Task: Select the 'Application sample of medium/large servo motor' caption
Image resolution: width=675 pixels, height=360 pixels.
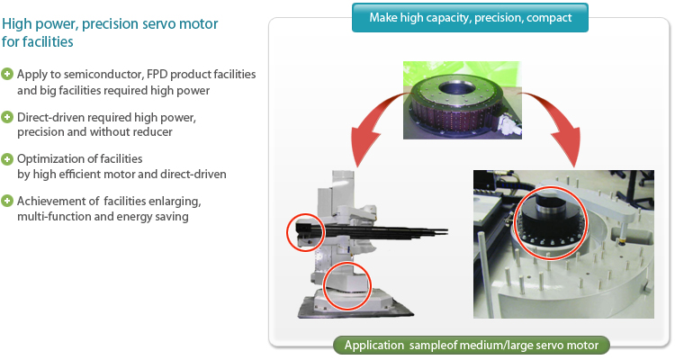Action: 472,345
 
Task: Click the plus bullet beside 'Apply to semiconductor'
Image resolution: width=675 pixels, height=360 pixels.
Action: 8,73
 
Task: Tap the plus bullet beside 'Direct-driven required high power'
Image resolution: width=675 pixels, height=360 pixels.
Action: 8,118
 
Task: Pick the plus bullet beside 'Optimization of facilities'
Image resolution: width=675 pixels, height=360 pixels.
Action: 8,158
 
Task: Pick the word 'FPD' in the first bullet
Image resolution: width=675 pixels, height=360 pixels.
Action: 158,74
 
